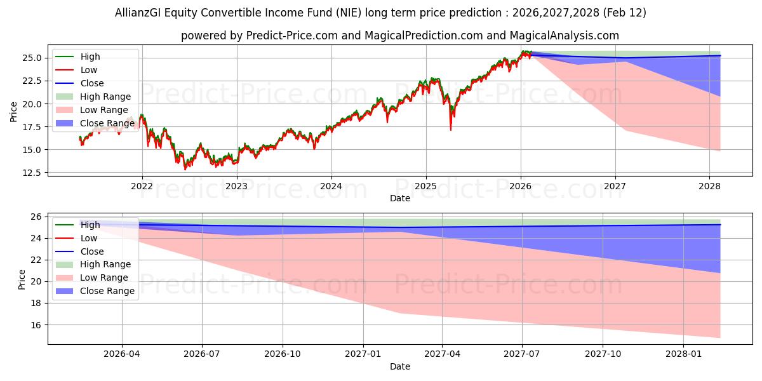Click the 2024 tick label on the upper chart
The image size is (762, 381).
coord(331,186)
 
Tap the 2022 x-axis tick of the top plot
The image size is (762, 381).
coord(142,186)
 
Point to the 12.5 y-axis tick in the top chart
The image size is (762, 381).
coord(34,173)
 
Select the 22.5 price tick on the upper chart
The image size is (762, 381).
coord(34,81)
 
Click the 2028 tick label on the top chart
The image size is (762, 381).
coord(709,186)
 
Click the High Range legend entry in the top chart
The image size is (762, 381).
coord(105,97)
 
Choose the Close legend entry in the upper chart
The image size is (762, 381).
coord(92,83)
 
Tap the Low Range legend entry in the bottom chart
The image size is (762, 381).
coord(104,277)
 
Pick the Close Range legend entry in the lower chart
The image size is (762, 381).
coord(107,291)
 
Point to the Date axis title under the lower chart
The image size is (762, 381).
coord(400,366)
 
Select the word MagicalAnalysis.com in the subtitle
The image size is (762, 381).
coord(561,36)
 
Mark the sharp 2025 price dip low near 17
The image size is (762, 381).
coord(451,130)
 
